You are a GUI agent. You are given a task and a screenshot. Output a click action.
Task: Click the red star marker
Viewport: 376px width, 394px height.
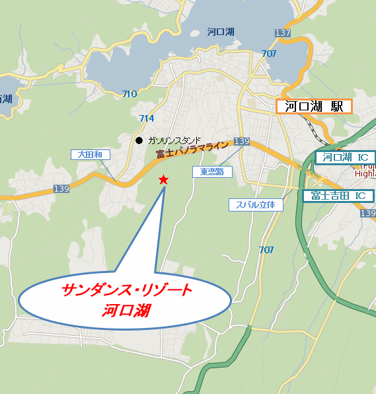click(x=163, y=180)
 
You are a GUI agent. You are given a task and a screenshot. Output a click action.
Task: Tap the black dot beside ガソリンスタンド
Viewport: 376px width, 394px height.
click(x=139, y=140)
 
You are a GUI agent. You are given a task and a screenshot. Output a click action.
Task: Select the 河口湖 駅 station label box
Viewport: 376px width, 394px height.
click(x=314, y=106)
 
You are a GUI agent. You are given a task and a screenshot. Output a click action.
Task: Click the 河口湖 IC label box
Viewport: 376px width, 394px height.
click(x=345, y=157)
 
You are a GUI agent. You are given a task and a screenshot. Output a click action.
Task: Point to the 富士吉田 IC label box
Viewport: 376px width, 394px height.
click(x=338, y=196)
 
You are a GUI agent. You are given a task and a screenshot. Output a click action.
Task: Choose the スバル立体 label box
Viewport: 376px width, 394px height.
click(x=255, y=205)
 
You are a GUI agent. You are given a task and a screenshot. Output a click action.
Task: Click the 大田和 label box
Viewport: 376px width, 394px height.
click(x=90, y=154)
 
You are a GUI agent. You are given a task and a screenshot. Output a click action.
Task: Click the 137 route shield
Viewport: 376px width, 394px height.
click(x=283, y=33)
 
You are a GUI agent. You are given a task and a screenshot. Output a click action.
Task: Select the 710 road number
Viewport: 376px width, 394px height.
click(x=130, y=94)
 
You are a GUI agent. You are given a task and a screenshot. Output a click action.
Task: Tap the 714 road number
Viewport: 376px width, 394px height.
click(x=147, y=118)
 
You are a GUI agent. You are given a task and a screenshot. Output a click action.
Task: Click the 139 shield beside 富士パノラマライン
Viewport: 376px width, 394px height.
click(x=242, y=141)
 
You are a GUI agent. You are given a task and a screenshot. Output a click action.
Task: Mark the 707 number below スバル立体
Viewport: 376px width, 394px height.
click(x=266, y=249)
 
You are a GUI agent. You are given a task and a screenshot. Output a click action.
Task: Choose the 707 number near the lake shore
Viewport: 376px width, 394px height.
click(x=269, y=54)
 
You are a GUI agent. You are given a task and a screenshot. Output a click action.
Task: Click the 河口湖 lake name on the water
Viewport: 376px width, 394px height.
click(x=220, y=31)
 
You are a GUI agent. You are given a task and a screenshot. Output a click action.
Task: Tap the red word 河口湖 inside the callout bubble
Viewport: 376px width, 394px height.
click(x=126, y=309)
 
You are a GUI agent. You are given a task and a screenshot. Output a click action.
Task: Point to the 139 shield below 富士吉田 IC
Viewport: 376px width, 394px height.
click(x=368, y=213)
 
